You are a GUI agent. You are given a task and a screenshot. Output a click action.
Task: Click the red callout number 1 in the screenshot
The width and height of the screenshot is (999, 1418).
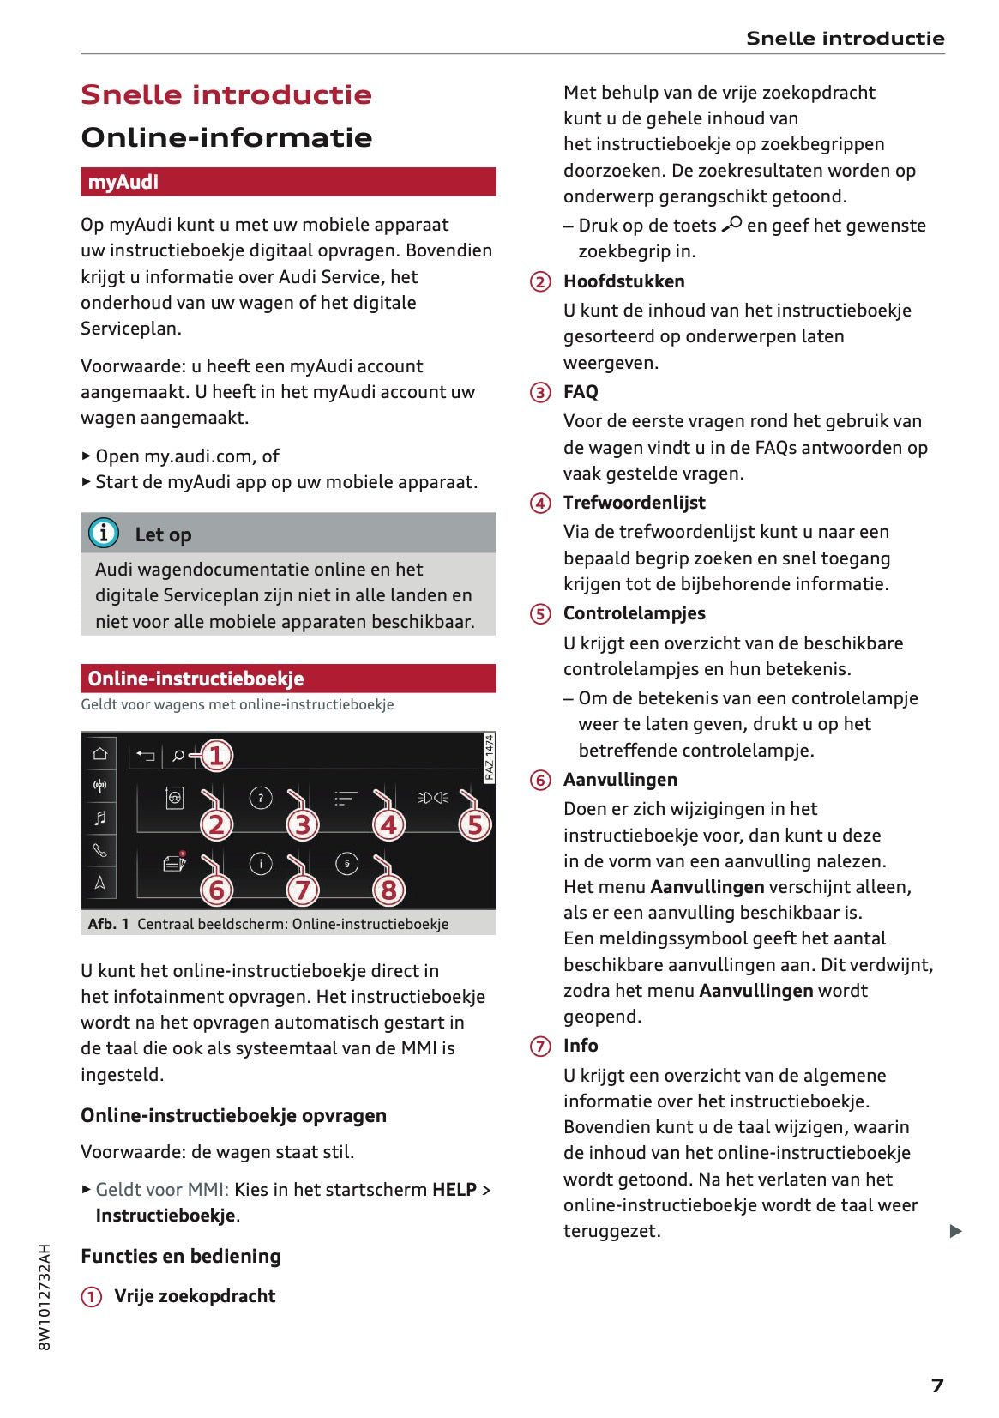click(x=216, y=756)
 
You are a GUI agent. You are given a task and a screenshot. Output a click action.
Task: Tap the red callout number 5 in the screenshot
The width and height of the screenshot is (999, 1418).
click(x=475, y=825)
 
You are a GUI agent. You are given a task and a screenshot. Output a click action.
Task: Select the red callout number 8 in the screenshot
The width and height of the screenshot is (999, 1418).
click(x=388, y=890)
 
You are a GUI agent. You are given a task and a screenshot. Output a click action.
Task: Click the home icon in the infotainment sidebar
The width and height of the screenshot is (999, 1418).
click(x=100, y=753)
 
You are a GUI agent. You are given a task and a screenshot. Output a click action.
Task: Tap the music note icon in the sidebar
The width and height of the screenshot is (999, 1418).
click(x=100, y=818)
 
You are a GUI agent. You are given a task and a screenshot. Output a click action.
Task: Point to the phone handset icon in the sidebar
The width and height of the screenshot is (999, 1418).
click(x=100, y=850)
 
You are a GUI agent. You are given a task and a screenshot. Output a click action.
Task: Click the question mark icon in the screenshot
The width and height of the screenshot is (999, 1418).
click(x=261, y=799)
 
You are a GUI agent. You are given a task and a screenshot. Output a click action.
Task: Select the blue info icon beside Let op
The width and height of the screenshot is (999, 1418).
click(x=104, y=534)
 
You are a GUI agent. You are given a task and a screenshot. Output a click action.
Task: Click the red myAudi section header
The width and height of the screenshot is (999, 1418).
click(x=288, y=182)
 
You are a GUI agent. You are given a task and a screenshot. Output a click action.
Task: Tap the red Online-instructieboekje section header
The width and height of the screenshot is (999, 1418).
click(x=288, y=679)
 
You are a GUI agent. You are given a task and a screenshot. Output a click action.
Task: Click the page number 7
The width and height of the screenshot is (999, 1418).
click(x=937, y=1385)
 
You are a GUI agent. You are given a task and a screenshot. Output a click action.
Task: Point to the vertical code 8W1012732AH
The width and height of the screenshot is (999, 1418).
click(x=45, y=1297)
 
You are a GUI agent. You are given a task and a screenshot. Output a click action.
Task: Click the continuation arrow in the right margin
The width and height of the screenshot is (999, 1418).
click(x=956, y=1232)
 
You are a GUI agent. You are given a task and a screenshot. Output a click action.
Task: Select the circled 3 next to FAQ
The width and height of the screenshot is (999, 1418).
click(x=540, y=393)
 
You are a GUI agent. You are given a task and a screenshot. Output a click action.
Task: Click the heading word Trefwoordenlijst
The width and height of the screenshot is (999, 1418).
click(x=634, y=503)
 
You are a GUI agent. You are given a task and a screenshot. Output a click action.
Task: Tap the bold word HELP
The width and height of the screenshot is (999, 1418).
click(x=454, y=1190)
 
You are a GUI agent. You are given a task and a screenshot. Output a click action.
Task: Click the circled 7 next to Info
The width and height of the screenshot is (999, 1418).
click(x=540, y=1047)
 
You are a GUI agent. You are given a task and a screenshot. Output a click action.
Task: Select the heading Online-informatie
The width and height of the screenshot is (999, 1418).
click(x=226, y=137)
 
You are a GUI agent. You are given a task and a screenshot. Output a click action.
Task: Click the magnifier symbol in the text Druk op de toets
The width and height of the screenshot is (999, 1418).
click(x=731, y=225)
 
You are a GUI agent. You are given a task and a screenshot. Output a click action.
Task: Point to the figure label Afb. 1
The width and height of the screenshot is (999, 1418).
click(x=108, y=924)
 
